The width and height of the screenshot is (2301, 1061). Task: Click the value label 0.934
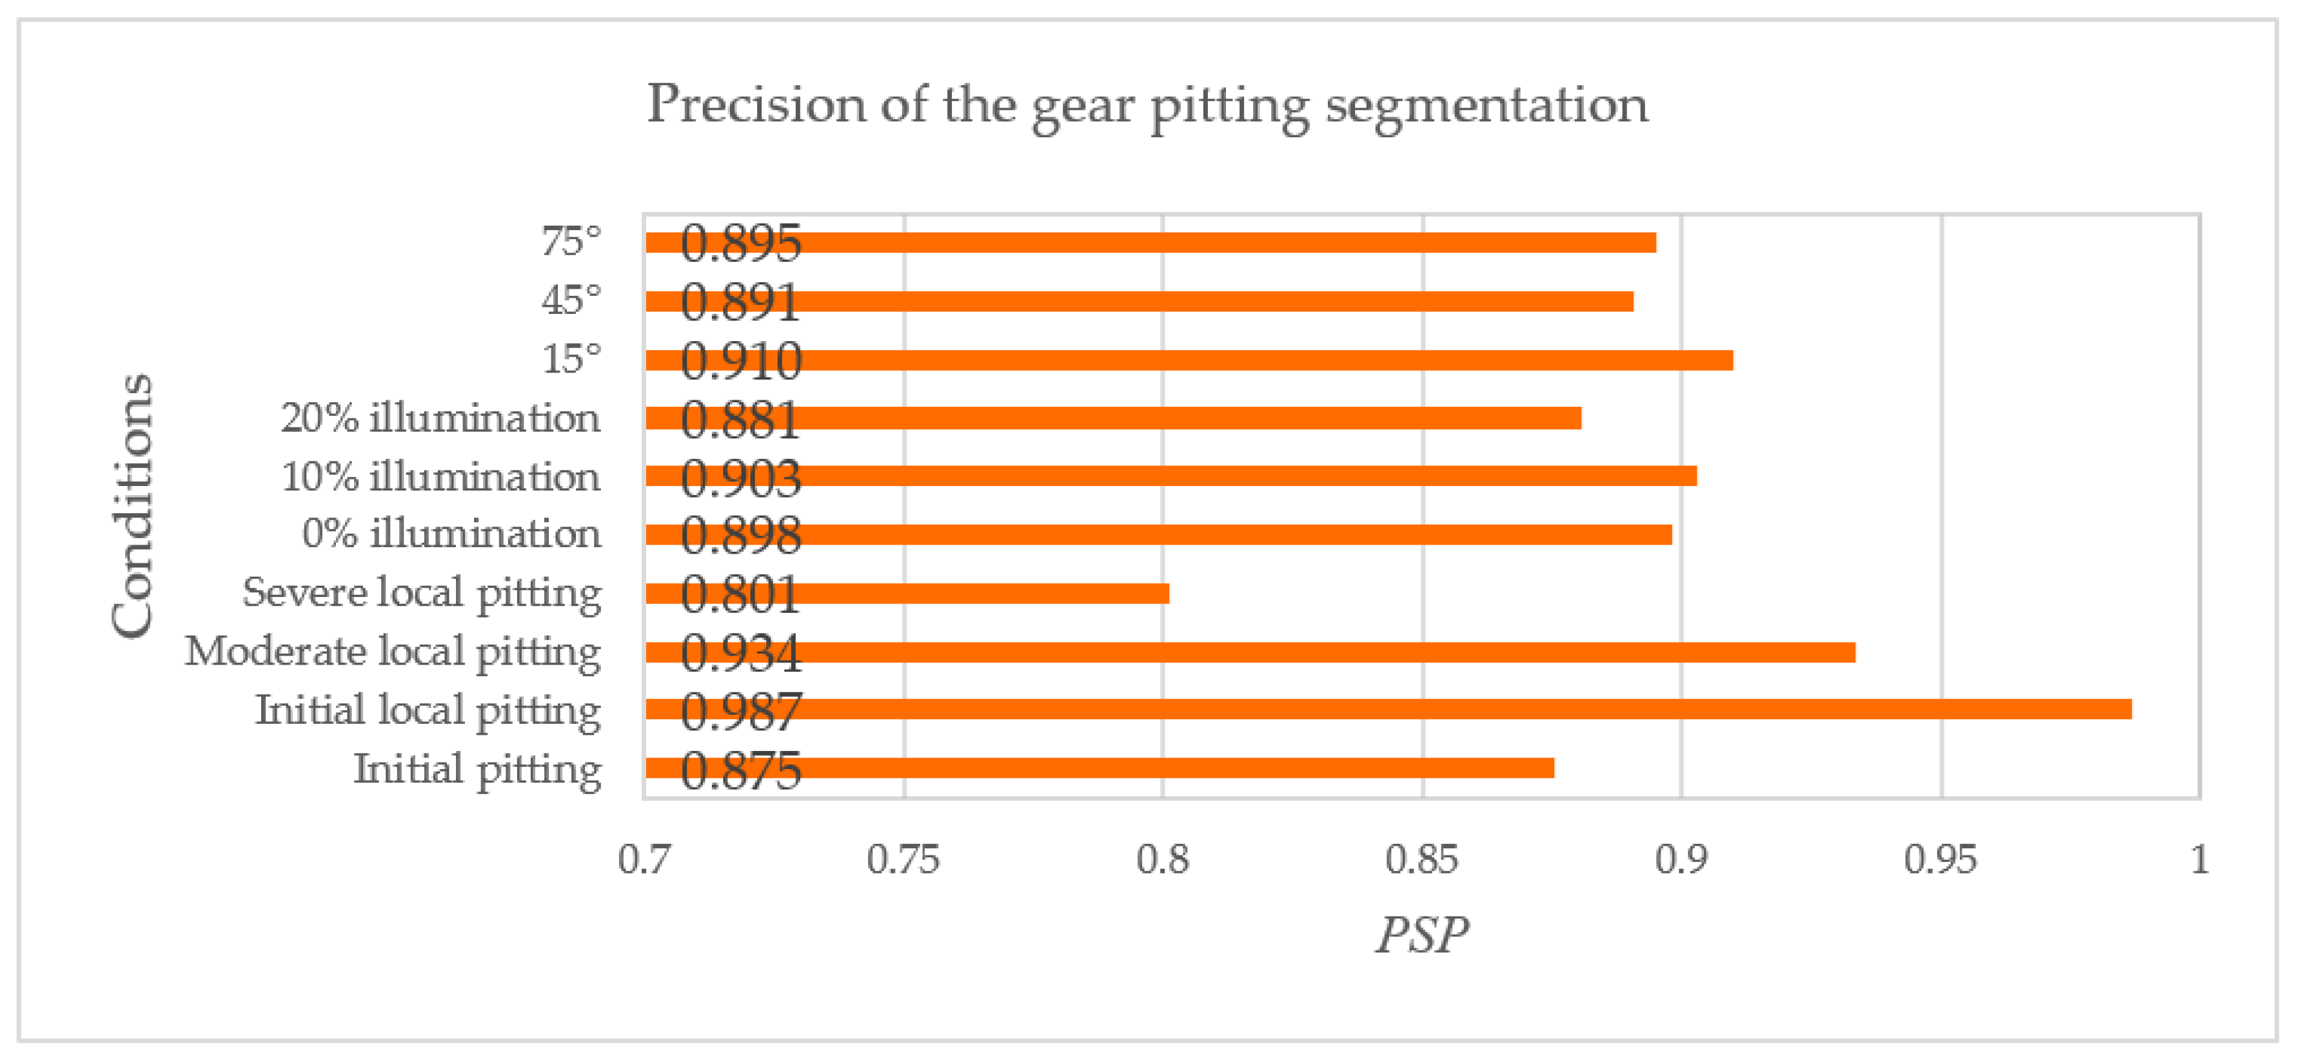point(740,653)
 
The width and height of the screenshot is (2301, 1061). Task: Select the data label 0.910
point(740,362)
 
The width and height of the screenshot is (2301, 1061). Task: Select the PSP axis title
point(1421,935)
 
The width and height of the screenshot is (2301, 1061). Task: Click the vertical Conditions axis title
point(133,505)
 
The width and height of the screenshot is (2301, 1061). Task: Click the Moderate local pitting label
point(393,652)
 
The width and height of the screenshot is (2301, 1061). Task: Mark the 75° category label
point(571,242)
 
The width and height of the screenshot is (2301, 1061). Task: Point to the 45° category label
point(571,301)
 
